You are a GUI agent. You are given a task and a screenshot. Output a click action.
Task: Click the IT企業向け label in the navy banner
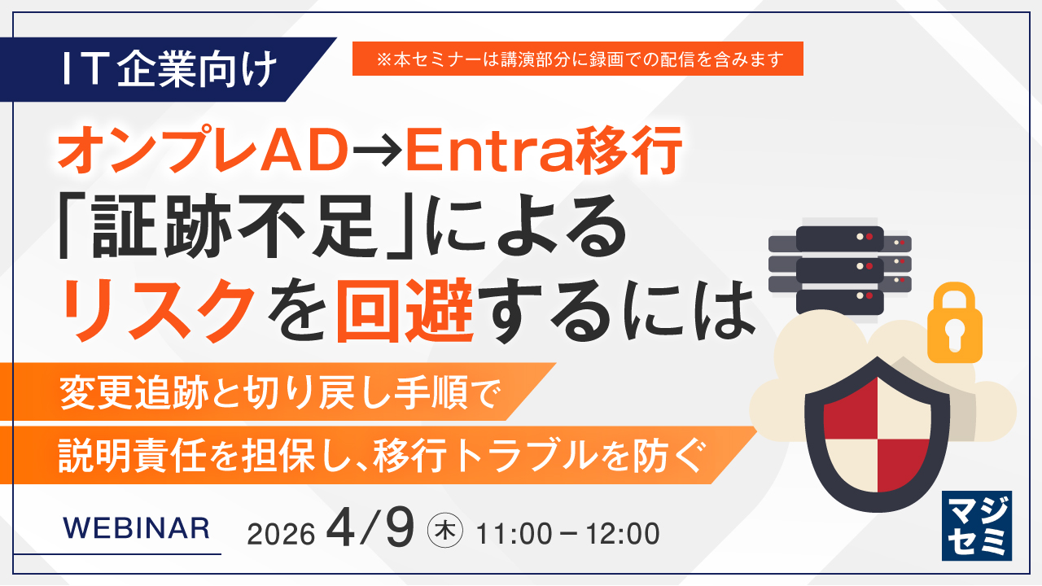170,70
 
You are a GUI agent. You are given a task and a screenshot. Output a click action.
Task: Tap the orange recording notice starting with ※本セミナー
578,59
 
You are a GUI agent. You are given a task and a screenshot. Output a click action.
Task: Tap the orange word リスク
158,309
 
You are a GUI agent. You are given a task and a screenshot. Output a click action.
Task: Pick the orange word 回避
405,309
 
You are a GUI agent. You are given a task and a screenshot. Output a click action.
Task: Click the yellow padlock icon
955,323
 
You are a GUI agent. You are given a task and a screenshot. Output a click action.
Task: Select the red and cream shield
878,434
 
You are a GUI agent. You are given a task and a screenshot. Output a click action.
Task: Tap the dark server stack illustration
839,269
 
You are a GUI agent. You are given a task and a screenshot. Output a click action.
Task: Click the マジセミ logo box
977,526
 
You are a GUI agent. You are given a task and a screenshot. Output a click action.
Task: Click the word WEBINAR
136,529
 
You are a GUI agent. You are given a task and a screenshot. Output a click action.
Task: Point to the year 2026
281,534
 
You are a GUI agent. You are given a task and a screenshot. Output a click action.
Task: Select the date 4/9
370,527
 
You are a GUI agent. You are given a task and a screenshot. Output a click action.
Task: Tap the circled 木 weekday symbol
445,531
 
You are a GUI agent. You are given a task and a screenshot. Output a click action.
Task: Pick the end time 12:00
622,534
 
